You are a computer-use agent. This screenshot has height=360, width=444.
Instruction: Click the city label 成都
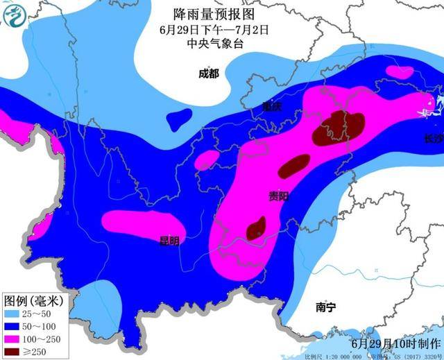pos(208,74)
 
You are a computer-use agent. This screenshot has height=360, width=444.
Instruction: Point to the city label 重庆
pos(273,107)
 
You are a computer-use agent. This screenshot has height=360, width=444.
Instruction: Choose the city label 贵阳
pos(279,197)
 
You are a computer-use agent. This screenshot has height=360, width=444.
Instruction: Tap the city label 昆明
pos(169,241)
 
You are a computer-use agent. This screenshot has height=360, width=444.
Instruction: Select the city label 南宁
pos(325,306)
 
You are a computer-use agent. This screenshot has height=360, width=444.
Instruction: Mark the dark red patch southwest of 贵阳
pos(256,228)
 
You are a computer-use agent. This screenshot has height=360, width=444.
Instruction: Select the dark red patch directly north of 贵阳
pos(294,166)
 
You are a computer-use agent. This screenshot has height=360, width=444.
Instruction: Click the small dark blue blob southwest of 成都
pos(180,119)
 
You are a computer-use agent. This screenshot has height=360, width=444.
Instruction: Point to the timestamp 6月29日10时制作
pos(395,343)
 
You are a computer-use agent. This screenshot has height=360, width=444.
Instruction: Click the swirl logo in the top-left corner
pos(14,15)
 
